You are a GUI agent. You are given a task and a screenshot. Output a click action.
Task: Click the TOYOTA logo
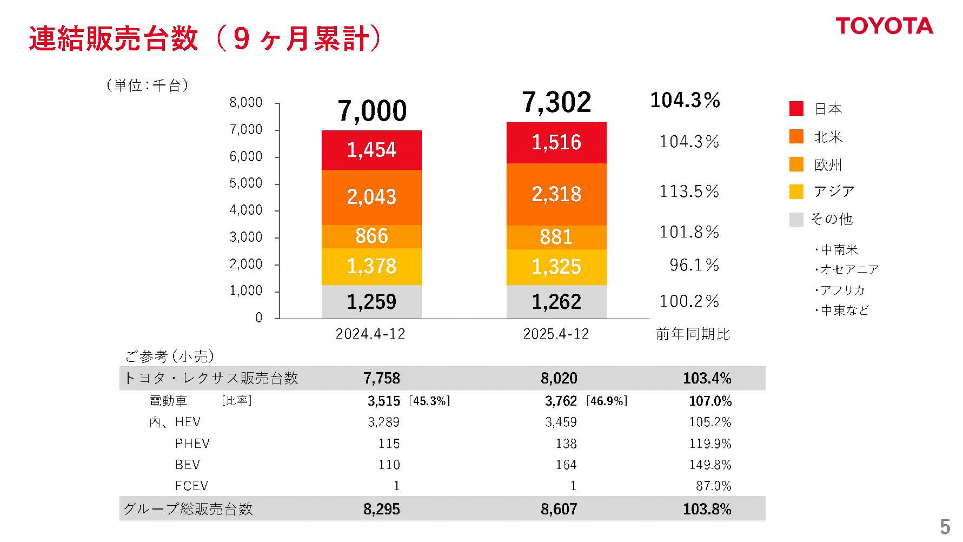pos(884,26)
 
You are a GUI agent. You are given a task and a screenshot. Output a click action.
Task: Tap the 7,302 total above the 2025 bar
pos(556,102)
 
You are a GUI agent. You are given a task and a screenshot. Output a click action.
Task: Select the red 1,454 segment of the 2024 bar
pos(371,150)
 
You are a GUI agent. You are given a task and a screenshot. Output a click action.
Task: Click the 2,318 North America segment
pos(556,194)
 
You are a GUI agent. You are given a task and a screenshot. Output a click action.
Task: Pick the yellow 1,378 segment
pos(371,266)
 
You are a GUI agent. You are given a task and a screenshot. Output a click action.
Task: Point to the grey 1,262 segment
pos(556,302)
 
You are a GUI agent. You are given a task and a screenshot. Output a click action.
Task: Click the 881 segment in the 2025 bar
pos(556,237)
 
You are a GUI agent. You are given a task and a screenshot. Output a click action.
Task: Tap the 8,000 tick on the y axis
pos(246,103)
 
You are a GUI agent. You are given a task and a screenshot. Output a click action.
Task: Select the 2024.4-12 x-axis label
pos(370,334)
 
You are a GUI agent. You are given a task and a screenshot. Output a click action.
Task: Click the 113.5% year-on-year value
pos(689,191)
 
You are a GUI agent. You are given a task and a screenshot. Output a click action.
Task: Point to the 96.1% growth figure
pos(694,265)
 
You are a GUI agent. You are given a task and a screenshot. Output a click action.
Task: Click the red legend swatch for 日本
pos(796,109)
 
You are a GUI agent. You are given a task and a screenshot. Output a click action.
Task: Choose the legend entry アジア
pos(834,191)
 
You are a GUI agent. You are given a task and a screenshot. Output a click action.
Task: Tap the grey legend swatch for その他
pos(796,219)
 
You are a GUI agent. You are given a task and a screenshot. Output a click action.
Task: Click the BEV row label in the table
pos(188,465)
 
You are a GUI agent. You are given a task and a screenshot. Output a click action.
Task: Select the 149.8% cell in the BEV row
pos(710,465)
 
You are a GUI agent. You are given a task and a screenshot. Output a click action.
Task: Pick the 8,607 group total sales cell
pos(559,509)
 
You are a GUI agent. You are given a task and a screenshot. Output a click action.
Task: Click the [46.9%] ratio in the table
pos(606,401)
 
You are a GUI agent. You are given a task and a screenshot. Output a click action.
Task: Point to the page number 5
pos(945,526)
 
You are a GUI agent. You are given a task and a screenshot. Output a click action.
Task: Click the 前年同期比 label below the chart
pos(693,334)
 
